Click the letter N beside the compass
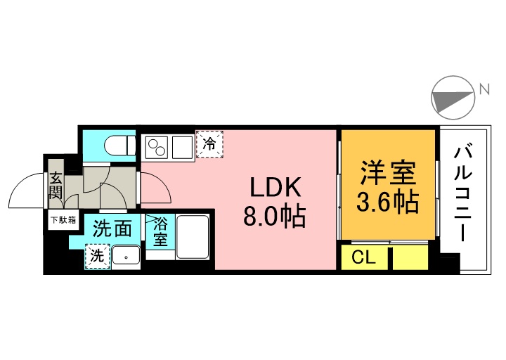click(484, 89)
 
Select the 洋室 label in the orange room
click(388, 173)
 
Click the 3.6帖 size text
click(388, 202)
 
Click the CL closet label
click(364, 257)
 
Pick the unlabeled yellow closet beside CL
click(410, 257)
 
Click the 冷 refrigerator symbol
click(209, 145)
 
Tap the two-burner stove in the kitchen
click(157, 148)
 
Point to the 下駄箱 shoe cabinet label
click(63, 221)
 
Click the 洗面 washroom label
click(112, 229)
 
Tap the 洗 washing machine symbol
click(97, 256)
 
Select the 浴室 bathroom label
click(160, 233)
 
